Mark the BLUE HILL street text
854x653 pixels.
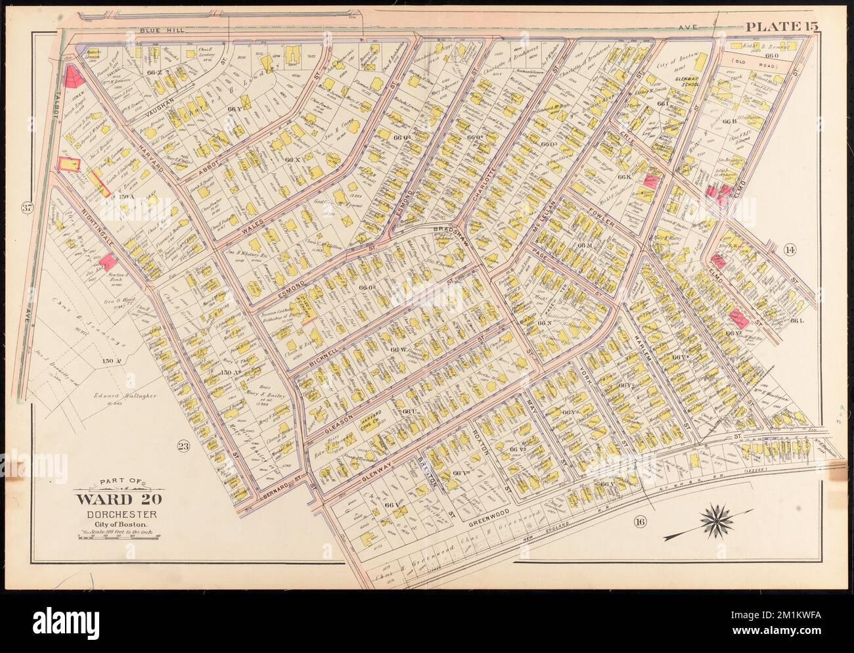161,31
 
